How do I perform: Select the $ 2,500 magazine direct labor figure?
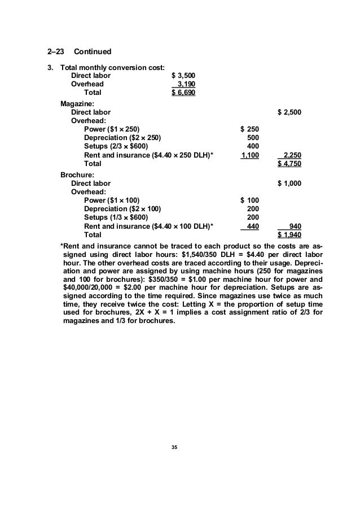[x=290, y=112]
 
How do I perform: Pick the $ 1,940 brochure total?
[x=290, y=235]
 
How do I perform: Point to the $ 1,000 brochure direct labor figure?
[x=290, y=183]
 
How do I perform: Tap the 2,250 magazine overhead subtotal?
[x=292, y=155]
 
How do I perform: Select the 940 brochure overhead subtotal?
[x=295, y=226]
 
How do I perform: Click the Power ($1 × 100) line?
[x=112, y=200]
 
